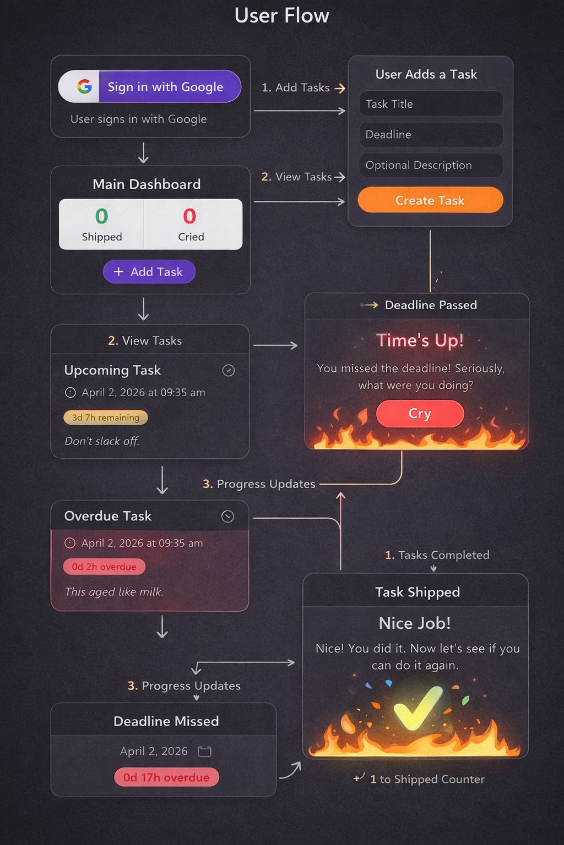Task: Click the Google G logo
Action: [84, 86]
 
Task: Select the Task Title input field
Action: [431, 104]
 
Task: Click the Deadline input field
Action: [431, 134]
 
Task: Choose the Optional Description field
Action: [431, 165]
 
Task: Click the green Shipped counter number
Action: [102, 217]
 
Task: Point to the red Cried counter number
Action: [189, 217]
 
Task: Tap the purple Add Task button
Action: [149, 272]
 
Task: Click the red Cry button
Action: [420, 414]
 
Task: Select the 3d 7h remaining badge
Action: [106, 418]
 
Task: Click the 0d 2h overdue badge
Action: [104, 567]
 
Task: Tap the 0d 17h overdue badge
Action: [166, 777]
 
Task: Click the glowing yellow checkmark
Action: [417, 707]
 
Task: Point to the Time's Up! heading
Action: [420, 341]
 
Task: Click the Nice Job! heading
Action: [415, 623]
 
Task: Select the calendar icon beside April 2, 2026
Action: [204, 751]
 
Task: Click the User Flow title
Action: [281, 15]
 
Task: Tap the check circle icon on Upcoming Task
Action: [229, 371]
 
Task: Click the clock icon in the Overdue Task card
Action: [70, 543]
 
